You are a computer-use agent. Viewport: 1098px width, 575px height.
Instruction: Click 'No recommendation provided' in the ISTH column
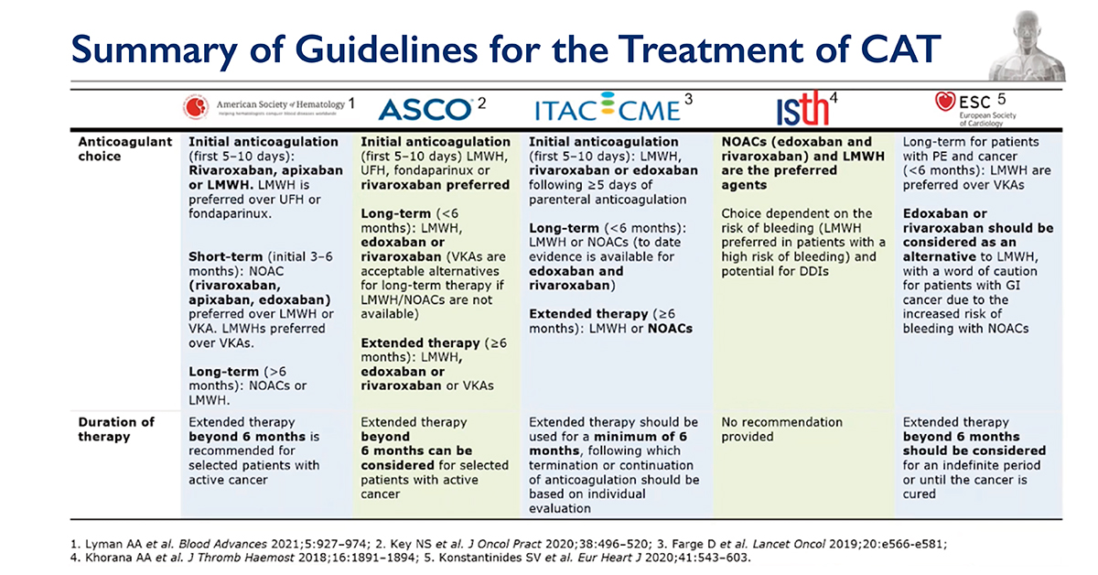pos(781,429)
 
